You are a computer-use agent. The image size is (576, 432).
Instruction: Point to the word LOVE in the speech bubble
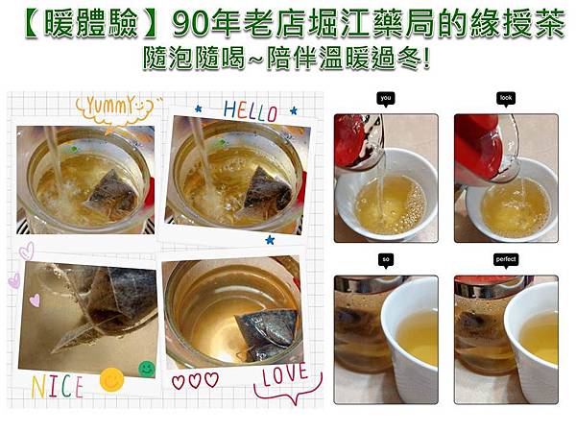click(284, 374)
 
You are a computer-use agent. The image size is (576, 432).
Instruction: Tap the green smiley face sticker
click(146, 367)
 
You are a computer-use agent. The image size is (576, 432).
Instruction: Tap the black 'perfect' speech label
click(506, 260)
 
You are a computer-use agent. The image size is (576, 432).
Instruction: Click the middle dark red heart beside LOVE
click(195, 379)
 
